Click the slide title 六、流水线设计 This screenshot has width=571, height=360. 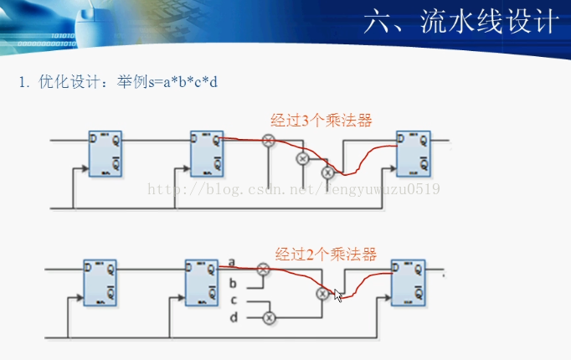pyautogui.click(x=460, y=23)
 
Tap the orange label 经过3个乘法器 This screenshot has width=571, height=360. pyautogui.click(x=321, y=120)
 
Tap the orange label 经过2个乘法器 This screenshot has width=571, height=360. pyautogui.click(x=326, y=253)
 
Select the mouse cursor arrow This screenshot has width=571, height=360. pyautogui.click(x=338, y=296)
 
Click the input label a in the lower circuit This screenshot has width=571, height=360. pyautogui.click(x=232, y=262)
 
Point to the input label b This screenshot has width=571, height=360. pyautogui.click(x=233, y=283)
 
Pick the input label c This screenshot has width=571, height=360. pyautogui.click(x=234, y=300)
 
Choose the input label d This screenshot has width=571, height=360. pyautogui.click(x=234, y=316)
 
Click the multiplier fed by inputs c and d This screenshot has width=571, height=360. pyautogui.click(x=269, y=317)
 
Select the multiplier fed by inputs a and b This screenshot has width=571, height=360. pyautogui.click(x=263, y=269)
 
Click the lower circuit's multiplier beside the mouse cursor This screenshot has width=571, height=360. pyautogui.click(x=323, y=294)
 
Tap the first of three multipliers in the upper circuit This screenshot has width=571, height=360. pyautogui.click(x=269, y=141)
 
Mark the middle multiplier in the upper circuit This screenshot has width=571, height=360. pyautogui.click(x=303, y=157)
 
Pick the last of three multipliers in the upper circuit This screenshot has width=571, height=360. pyautogui.click(x=328, y=172)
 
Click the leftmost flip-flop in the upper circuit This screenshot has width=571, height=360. pyautogui.click(x=105, y=154)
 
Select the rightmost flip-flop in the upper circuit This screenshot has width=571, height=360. pyautogui.click(x=413, y=153)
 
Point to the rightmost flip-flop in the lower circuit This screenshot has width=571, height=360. pyautogui.click(x=408, y=282)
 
